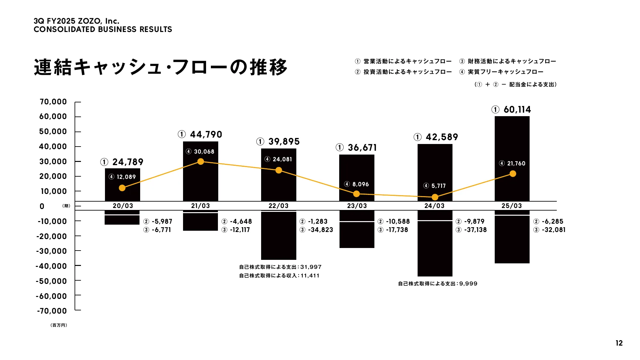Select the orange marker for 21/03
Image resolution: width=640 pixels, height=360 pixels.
click(201, 162)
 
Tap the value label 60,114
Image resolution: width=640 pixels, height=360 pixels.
click(517, 110)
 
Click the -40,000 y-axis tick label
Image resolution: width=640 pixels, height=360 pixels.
click(51, 266)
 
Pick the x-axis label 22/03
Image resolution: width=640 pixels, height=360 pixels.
click(278, 206)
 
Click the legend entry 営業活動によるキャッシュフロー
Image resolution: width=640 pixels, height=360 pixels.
click(407, 61)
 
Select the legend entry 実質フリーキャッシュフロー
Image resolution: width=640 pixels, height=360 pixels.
click(506, 72)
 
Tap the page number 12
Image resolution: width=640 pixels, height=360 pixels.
click(619, 343)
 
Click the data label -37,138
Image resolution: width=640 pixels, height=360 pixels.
click(475, 230)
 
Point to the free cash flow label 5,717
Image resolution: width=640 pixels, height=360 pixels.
click(438, 186)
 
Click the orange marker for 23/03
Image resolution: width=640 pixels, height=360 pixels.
click(356, 194)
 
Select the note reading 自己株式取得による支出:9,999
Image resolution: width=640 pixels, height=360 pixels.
click(437, 284)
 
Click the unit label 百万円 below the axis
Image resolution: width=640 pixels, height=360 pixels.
click(59, 325)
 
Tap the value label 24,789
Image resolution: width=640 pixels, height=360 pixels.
click(128, 162)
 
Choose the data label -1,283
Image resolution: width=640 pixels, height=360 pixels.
click(317, 221)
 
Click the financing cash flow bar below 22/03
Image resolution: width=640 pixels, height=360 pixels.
click(278, 237)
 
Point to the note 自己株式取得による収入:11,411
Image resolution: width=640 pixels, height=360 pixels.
click(279, 276)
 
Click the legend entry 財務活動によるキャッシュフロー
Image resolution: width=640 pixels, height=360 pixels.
click(512, 61)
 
